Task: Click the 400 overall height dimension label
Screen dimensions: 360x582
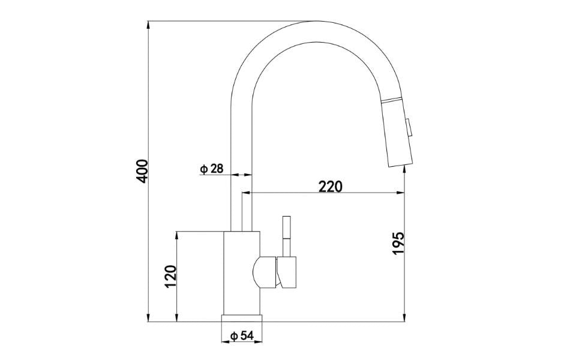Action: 142,172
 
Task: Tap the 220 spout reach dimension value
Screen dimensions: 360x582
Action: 330,186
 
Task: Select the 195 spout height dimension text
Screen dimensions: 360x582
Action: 398,243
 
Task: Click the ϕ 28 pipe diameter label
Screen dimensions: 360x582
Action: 211,169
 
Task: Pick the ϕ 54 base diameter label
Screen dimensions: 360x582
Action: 241,335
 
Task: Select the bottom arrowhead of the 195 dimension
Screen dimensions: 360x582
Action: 406,318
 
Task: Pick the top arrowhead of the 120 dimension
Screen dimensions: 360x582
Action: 177,234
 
